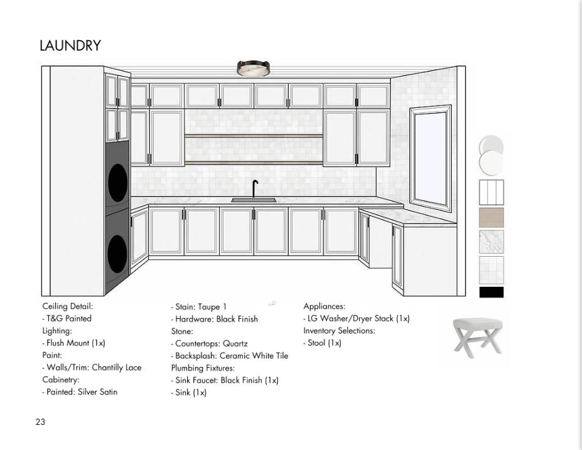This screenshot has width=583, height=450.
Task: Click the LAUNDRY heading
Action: [x=70, y=46]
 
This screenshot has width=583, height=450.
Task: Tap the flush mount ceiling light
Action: [x=253, y=68]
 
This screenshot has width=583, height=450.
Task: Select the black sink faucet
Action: [x=255, y=188]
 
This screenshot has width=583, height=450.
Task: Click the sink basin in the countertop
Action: [x=254, y=201]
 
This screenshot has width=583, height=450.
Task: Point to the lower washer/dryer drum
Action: [x=117, y=252]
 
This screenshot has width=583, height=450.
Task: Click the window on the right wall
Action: [x=431, y=159]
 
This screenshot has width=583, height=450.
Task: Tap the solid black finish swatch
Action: [x=491, y=292]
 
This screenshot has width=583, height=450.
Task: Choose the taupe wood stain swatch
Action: [x=491, y=217]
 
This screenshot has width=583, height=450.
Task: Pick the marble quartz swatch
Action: [x=491, y=242]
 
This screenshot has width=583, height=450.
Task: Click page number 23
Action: [x=40, y=422]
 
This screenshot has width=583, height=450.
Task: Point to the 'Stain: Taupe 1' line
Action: [x=200, y=307]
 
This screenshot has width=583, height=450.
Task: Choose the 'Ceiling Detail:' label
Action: [x=68, y=306]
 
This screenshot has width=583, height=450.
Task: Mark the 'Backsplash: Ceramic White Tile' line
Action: [x=231, y=356]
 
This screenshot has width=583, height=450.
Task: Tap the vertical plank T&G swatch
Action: [x=491, y=193]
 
